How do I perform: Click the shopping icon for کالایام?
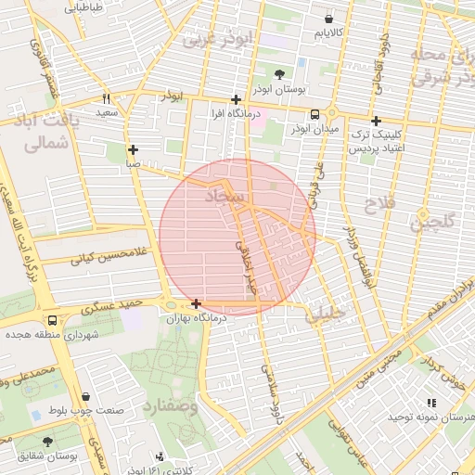tap(328, 19)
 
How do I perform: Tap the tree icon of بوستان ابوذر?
tap(280, 74)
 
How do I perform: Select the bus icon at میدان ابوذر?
tap(315, 114)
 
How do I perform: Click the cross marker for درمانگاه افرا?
tap(237, 99)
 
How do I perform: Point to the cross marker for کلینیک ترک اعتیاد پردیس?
tap(376, 121)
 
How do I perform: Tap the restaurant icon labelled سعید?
tap(107, 98)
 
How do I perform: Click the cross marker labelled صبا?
tap(134, 149)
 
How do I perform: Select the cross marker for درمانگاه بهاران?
tap(196, 303)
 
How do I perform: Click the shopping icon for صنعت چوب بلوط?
tap(86, 397)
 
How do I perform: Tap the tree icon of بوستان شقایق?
tap(47, 442)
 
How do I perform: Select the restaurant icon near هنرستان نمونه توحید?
tap(430, 403)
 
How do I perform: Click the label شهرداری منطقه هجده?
tap(51, 333)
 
